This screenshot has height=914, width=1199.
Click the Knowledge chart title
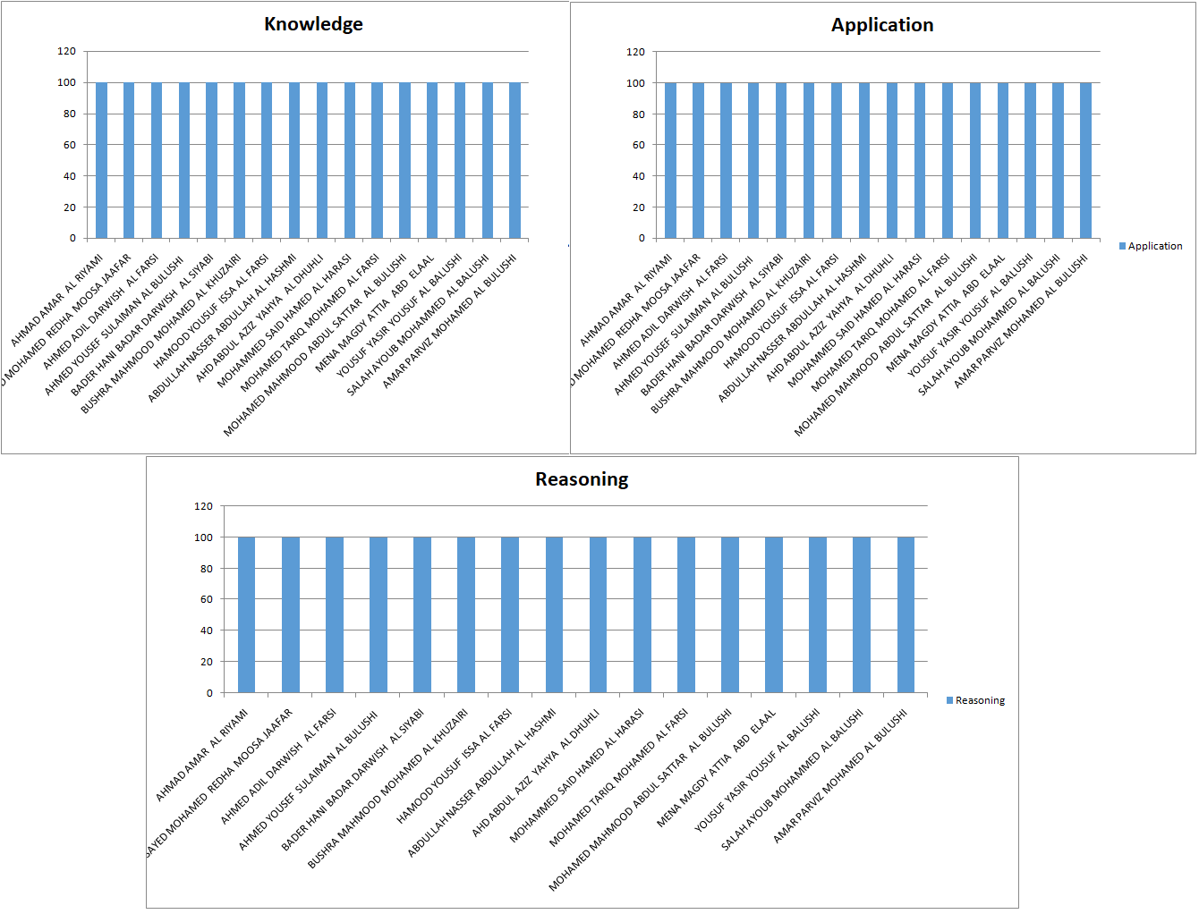[x=313, y=24]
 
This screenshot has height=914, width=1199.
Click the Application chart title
[x=882, y=25]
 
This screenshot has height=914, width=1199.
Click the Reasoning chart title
[x=582, y=479]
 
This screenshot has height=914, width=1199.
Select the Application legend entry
[x=1154, y=246]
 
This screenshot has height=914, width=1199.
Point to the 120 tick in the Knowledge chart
[x=67, y=51]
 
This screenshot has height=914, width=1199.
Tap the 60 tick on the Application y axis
[x=638, y=145]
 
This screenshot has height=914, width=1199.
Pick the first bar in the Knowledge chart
[x=101, y=160]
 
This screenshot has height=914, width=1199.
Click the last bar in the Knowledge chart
[x=514, y=160]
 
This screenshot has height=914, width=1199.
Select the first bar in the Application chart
[x=670, y=161]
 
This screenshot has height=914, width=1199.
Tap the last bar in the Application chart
[x=1085, y=161]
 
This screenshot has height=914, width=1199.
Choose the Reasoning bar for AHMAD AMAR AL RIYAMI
[x=246, y=614]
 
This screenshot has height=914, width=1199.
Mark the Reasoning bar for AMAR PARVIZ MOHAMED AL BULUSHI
[x=906, y=614]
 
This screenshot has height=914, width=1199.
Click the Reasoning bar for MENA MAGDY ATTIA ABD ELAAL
[x=774, y=614]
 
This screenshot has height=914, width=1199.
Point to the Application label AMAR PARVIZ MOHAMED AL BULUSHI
[x=1021, y=321]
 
